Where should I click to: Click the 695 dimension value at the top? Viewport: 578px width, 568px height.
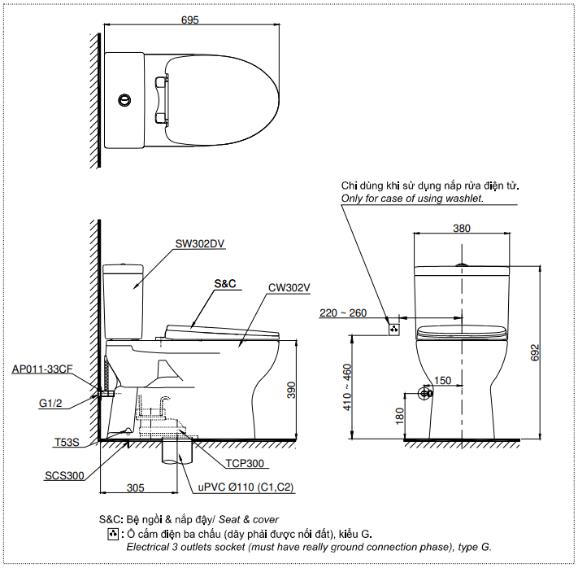click(190, 21)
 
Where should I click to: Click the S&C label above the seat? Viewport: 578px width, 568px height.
click(224, 284)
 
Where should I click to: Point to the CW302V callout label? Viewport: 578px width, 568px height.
click(289, 287)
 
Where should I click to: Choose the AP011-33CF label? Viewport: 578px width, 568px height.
click(42, 369)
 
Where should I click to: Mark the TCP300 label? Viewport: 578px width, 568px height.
click(246, 463)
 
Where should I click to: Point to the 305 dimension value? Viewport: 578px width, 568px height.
click(135, 487)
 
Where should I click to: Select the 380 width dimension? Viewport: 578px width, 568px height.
click(461, 229)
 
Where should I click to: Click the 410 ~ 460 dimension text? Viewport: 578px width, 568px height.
click(348, 387)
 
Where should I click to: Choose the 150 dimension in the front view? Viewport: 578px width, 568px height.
click(442, 381)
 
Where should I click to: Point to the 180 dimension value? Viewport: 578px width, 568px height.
click(399, 417)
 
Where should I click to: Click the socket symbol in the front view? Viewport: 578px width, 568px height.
click(394, 330)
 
